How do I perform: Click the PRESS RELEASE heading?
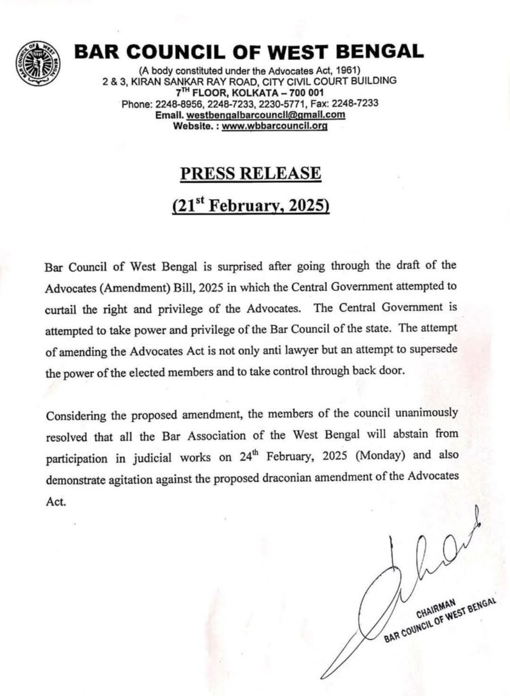click(x=250, y=173)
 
